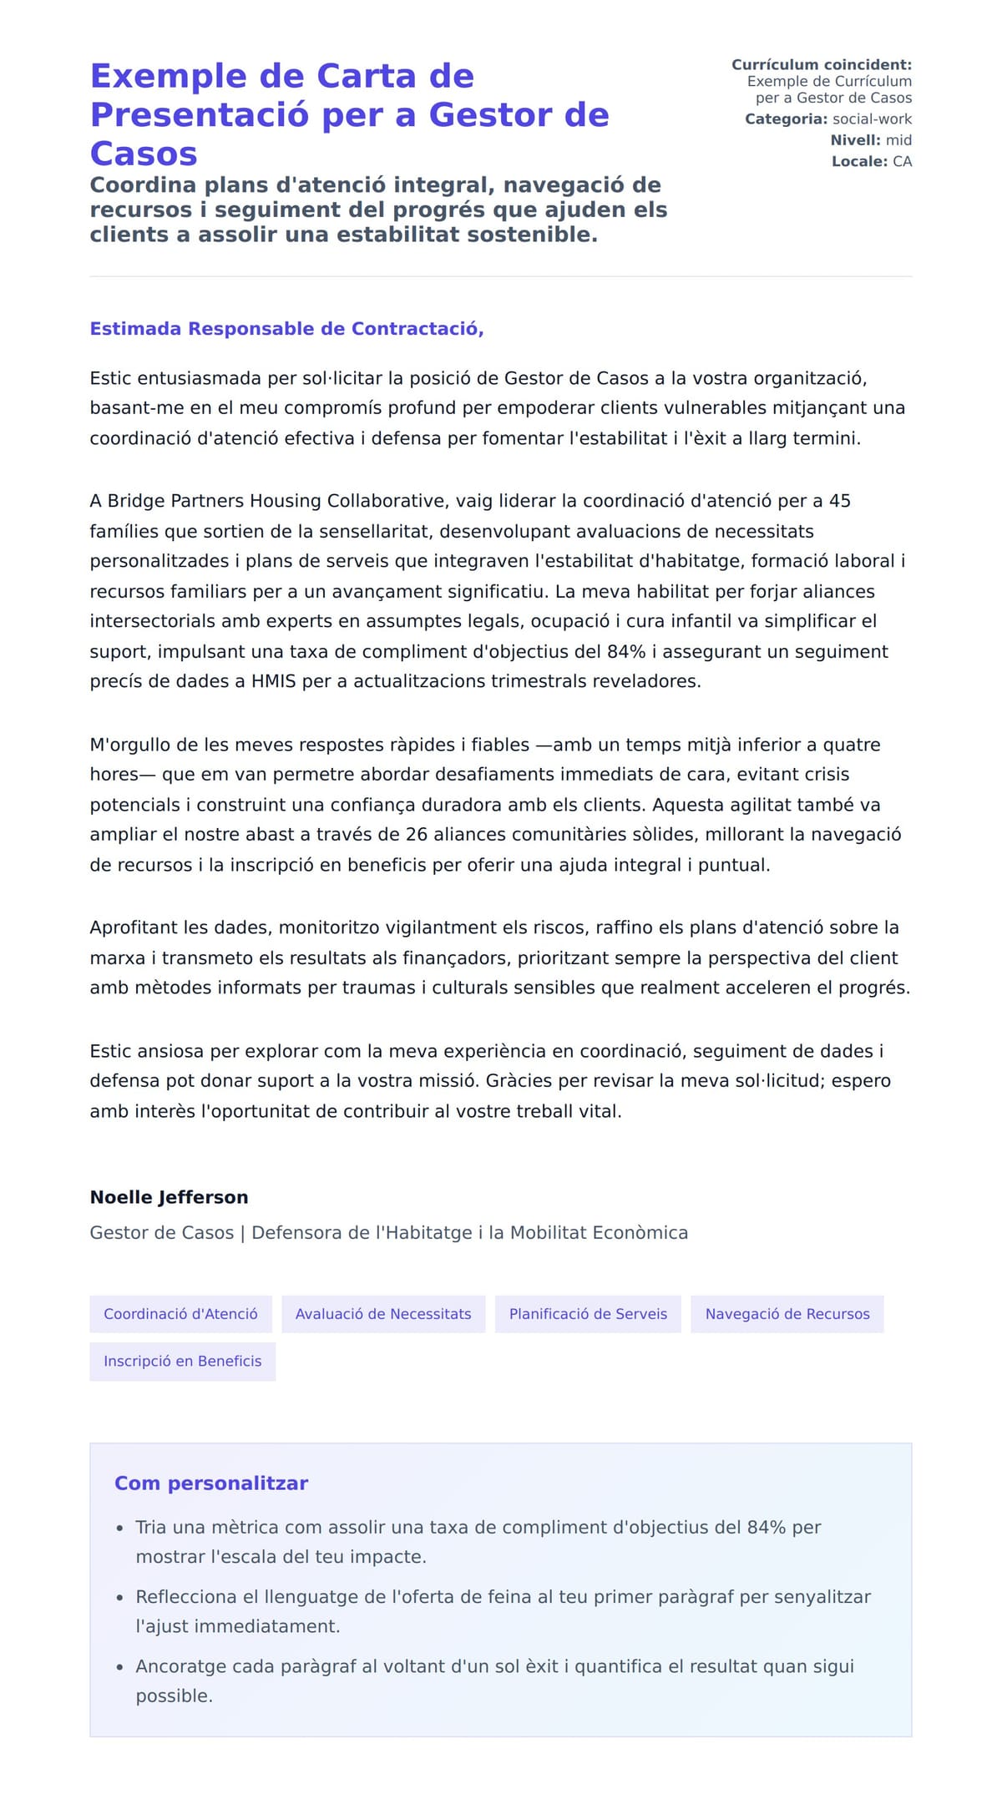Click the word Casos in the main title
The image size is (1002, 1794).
coord(144,154)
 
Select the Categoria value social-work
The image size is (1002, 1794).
coord(872,119)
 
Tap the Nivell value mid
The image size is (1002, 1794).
coord(898,140)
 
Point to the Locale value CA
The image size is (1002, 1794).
coord(902,161)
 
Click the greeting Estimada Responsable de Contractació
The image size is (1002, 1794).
coord(286,329)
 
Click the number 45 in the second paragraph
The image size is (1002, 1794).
coord(839,501)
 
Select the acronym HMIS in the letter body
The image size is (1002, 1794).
coord(273,681)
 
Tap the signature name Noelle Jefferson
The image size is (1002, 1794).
coord(169,1197)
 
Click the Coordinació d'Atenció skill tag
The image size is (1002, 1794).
coord(180,1314)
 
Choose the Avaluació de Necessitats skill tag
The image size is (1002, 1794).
coord(383,1314)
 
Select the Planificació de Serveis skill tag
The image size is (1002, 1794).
coord(588,1314)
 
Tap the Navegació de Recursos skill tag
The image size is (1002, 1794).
coord(787,1314)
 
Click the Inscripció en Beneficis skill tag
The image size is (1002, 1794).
coord(182,1362)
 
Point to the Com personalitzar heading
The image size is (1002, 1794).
coord(210,1483)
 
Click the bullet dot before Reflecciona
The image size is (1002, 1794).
coord(119,1598)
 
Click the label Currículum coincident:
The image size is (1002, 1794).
coord(821,64)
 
